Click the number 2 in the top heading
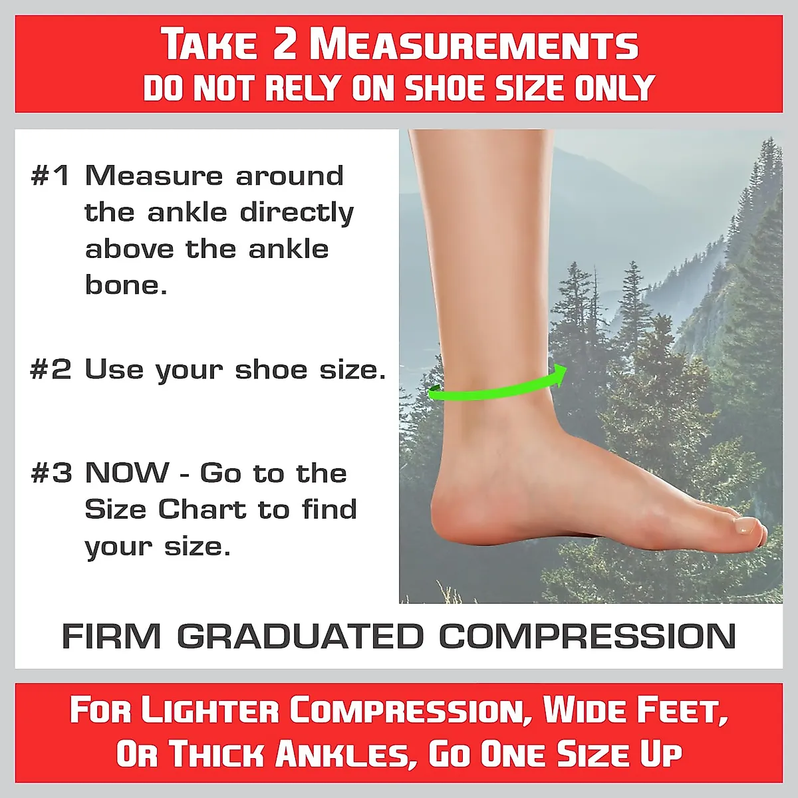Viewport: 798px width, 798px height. point(285,45)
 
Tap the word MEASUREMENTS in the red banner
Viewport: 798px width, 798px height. point(473,45)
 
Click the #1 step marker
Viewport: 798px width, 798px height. point(51,176)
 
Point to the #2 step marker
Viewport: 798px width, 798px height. point(51,370)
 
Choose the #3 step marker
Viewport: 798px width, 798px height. point(51,473)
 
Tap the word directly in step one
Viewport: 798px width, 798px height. point(297,213)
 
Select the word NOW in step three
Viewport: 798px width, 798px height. point(127,473)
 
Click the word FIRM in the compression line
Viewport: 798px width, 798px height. point(111,636)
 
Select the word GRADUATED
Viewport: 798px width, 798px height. point(300,636)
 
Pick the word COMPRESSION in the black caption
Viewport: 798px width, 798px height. point(587,636)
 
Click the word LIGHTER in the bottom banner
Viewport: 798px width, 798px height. point(209,710)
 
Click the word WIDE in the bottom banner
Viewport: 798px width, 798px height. point(585,710)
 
